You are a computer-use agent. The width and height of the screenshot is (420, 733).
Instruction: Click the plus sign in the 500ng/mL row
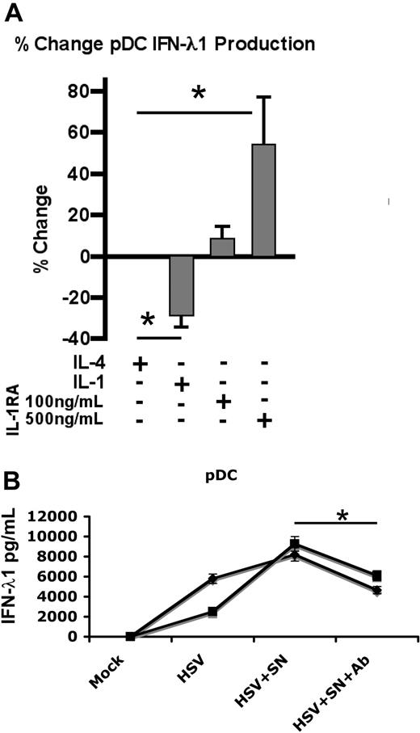(x=263, y=420)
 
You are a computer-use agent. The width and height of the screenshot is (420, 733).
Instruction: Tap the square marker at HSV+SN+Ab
(x=376, y=576)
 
